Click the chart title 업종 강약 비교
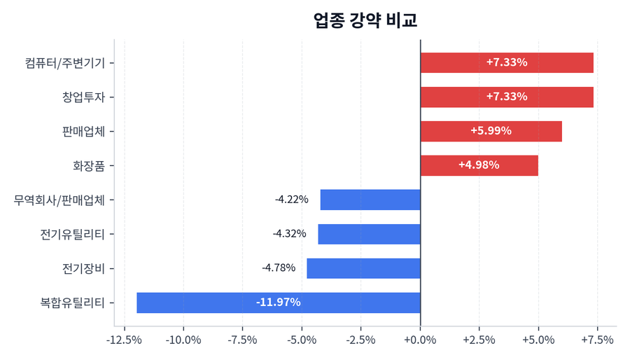click(x=365, y=20)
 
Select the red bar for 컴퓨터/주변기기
click(x=507, y=62)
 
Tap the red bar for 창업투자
click(x=507, y=97)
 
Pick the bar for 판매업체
click(x=491, y=131)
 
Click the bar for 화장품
click(x=479, y=165)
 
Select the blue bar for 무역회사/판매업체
click(x=370, y=200)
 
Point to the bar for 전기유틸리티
click(x=369, y=234)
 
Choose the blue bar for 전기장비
click(x=363, y=268)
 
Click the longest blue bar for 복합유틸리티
click(x=278, y=303)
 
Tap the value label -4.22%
click(x=291, y=200)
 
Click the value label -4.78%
click(x=279, y=268)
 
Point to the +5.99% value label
click(x=491, y=131)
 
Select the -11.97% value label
click(x=278, y=303)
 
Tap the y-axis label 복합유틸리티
click(x=73, y=303)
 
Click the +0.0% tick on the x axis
click(x=420, y=340)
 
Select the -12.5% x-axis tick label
click(x=124, y=340)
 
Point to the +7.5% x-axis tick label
click(x=597, y=340)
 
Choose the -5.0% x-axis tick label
click(x=302, y=340)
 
